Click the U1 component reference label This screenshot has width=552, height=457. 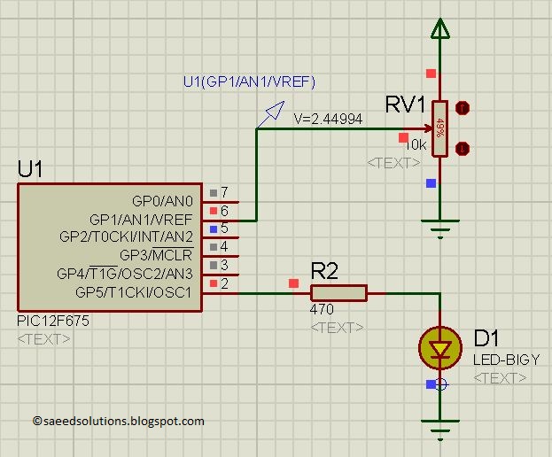[x=30, y=169]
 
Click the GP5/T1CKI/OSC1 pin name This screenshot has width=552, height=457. [x=132, y=292]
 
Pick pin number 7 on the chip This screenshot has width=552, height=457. [x=225, y=192]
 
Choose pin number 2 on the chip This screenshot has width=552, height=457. [x=225, y=283]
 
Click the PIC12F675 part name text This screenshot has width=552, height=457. [x=52, y=321]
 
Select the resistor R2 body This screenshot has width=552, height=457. [x=338, y=293]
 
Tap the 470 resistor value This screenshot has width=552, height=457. [x=322, y=311]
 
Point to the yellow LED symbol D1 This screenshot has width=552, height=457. [x=439, y=347]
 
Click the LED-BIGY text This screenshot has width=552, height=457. [x=506, y=360]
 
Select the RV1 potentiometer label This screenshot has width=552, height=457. [x=406, y=105]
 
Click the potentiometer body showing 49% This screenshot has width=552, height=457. [x=439, y=128]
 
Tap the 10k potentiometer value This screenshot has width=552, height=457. [x=416, y=144]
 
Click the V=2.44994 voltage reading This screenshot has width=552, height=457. [x=327, y=118]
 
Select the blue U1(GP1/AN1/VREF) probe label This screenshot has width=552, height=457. [x=249, y=82]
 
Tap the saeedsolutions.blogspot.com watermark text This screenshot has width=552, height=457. [x=118, y=422]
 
